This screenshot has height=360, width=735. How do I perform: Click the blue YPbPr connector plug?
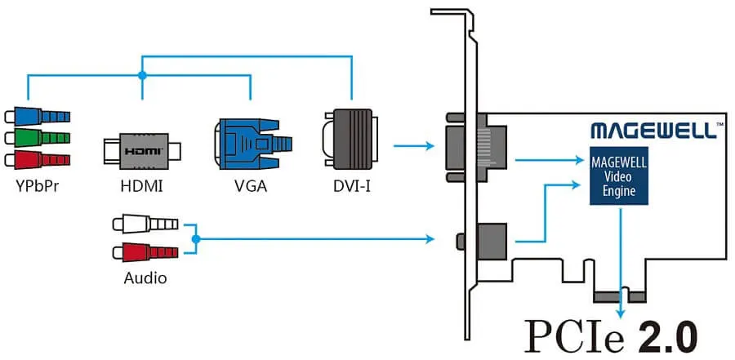point(38,116)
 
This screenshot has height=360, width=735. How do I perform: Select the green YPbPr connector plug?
point(38,137)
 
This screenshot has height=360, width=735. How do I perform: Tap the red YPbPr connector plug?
point(38,158)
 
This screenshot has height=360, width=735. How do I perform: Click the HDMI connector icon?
point(142,151)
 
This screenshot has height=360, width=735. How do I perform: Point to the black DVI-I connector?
point(350,144)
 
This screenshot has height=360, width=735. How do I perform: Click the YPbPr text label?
point(36,186)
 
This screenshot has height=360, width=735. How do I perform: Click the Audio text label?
point(145,278)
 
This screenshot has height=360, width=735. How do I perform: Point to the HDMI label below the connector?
point(141,186)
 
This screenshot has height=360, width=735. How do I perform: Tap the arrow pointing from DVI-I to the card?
point(412,147)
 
